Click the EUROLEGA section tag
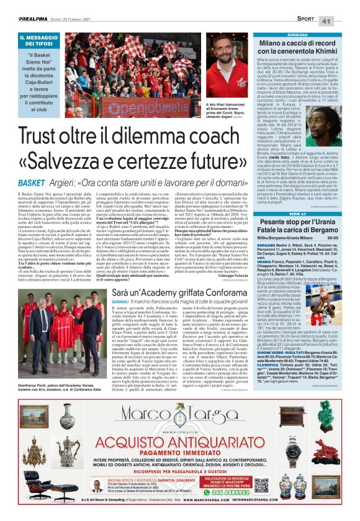271,35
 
